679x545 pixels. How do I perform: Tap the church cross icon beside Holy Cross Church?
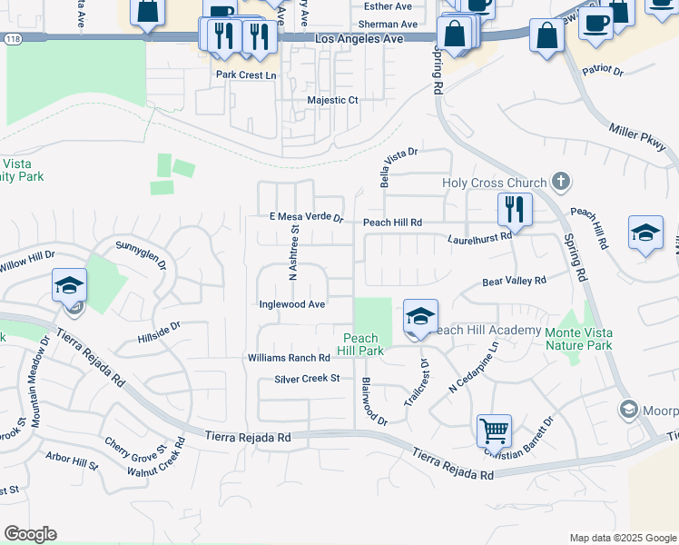[x=561, y=182]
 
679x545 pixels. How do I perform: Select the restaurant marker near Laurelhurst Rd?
[x=515, y=210]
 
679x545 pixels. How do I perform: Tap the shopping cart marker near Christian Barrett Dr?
[x=494, y=431]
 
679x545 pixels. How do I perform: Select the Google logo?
[x=30, y=534]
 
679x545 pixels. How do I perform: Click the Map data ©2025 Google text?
[x=622, y=538]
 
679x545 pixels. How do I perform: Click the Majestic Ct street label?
[x=333, y=100]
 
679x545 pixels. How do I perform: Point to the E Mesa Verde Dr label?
[x=306, y=218]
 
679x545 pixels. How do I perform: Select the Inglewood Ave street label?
[x=291, y=304]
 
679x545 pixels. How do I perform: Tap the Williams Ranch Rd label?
[x=289, y=359]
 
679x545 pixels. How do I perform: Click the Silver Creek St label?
[x=307, y=378]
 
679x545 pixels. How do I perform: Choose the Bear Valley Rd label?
[x=514, y=282]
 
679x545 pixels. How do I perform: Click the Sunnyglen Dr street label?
[x=141, y=253]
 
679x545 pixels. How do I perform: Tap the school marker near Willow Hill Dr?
[x=69, y=286]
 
